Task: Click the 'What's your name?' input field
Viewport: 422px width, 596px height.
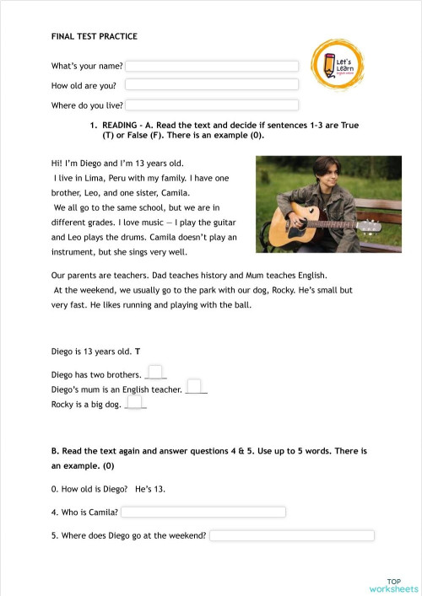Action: coord(212,66)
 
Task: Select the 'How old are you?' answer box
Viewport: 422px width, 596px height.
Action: coord(212,84)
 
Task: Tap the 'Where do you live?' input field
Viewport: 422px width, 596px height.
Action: coord(212,105)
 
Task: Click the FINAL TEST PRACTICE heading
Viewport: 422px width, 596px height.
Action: coord(94,37)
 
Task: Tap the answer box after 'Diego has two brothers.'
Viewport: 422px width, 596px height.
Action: coord(154,372)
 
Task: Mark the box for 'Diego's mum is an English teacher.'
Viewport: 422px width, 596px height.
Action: coord(194,387)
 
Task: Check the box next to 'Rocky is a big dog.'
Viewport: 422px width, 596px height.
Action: coord(134,403)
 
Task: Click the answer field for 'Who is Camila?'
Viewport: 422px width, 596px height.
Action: coord(204,512)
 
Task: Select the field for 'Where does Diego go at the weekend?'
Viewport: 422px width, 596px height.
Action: coord(291,535)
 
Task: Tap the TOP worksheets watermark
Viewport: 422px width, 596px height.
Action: coord(393,585)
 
